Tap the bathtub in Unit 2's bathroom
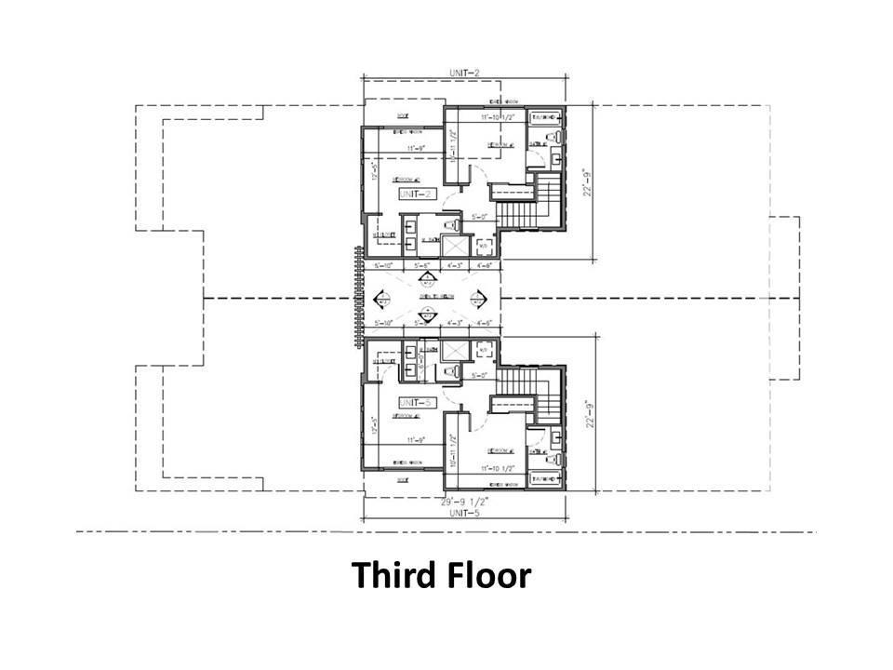[544, 118]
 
